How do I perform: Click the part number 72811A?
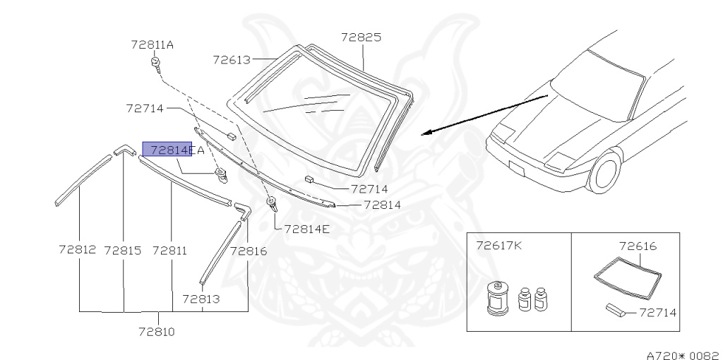(152, 44)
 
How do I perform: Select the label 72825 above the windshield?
(361, 37)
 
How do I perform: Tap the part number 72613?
(232, 60)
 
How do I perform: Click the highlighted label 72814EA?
(173, 150)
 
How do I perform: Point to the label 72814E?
(306, 229)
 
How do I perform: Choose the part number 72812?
(77, 250)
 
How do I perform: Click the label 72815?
(123, 250)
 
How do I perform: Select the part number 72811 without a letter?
(169, 250)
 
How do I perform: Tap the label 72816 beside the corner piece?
(248, 250)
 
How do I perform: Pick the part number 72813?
(201, 299)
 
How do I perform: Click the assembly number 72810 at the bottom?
(157, 331)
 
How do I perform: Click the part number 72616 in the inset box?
(638, 246)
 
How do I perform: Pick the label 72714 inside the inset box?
(659, 311)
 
